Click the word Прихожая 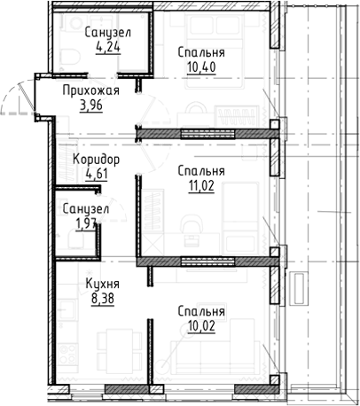click(x=91, y=90)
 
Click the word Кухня click(x=103, y=284)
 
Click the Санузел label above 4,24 click(x=108, y=33)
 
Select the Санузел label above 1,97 click(x=86, y=209)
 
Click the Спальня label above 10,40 click(x=200, y=52)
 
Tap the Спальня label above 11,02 click(x=200, y=170)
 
